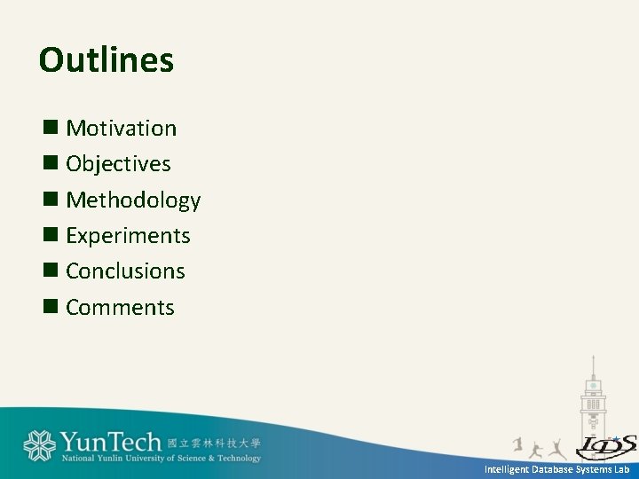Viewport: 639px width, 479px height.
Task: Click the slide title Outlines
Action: [106, 61]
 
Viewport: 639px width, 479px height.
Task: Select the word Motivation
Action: [122, 129]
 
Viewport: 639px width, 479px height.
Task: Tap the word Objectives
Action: [118, 164]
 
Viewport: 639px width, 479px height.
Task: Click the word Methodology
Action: [133, 200]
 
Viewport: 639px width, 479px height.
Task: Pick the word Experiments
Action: [128, 236]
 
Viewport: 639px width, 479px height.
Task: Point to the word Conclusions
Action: [125, 271]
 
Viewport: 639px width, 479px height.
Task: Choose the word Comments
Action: [120, 308]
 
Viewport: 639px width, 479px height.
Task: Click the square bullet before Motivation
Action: [51, 129]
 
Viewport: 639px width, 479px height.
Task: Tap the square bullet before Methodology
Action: [51, 200]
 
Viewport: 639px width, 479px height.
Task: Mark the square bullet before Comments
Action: [51, 307]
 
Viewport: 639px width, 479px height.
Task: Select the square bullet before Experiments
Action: [51, 235]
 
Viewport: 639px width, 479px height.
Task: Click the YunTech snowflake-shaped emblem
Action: [39, 445]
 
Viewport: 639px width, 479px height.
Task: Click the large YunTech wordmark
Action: [111, 443]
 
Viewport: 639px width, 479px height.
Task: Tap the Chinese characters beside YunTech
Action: [214, 443]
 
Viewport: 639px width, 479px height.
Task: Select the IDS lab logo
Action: [606, 445]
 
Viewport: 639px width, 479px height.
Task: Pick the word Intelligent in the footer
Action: [505, 469]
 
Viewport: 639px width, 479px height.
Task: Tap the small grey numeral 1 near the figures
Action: [517, 443]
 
